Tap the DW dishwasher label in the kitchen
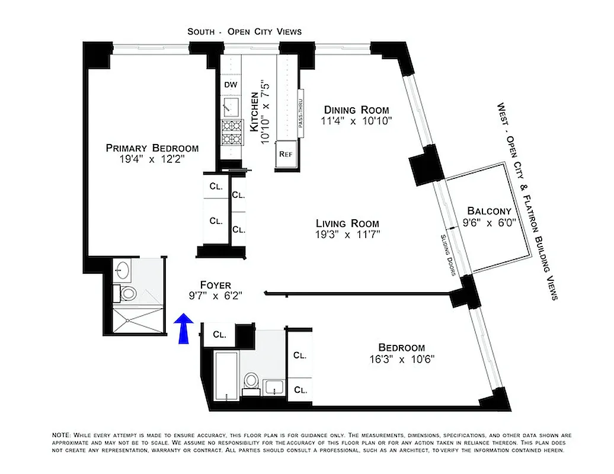click(231, 85)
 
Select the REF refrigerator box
click(286, 153)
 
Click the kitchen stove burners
click(231, 133)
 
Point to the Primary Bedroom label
click(152, 148)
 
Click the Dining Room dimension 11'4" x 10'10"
click(356, 121)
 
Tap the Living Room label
click(347, 223)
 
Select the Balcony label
click(489, 211)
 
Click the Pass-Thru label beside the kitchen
click(300, 113)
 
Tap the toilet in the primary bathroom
click(127, 292)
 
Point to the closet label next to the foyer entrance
click(219, 334)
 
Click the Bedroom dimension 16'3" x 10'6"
click(401, 359)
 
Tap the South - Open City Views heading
click(244, 31)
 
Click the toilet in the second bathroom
click(251, 382)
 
